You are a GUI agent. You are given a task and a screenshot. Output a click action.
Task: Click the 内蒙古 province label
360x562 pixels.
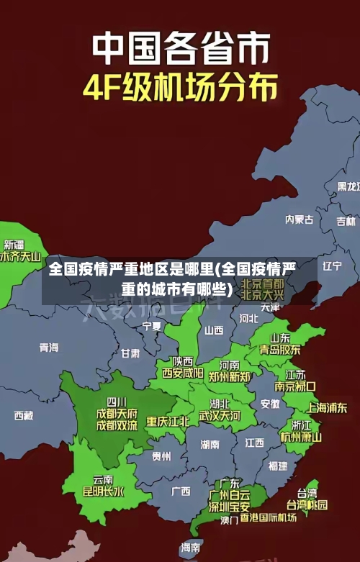click(299, 199)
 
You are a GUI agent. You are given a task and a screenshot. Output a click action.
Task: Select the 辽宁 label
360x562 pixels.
click(332, 266)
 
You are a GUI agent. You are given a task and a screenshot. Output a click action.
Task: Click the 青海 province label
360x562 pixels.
click(49, 348)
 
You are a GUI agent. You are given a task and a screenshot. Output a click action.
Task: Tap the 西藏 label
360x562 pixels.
click(23, 415)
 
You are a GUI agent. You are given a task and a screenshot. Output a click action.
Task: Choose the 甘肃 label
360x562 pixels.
click(130, 353)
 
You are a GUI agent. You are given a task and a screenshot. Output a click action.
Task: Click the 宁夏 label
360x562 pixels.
click(152, 326)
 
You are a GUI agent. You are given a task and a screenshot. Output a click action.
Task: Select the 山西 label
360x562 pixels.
click(214, 331)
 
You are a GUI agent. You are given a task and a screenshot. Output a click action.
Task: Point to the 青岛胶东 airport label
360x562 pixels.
click(280, 350)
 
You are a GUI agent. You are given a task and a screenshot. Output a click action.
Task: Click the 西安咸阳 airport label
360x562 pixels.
click(182, 373)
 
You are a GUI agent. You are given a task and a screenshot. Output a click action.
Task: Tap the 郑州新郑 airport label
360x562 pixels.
click(229, 376)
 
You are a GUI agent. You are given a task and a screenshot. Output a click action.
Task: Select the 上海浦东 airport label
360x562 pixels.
click(327, 407)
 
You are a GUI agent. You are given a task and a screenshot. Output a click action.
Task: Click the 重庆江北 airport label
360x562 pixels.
click(168, 421)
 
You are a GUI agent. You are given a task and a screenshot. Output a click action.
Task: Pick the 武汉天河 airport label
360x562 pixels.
click(220, 416)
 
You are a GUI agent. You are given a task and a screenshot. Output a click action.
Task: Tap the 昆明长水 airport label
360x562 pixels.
click(103, 492)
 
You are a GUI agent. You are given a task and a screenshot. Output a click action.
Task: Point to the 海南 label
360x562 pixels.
click(191, 548)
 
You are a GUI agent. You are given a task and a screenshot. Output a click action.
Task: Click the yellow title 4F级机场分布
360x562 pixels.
click(180, 88)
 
